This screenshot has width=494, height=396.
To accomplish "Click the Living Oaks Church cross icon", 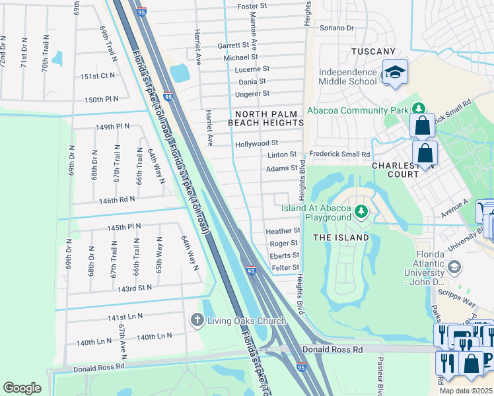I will pos(197,321).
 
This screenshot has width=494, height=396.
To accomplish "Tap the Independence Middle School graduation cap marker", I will pos(395,72).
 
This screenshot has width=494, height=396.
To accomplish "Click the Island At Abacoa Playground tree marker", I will pos(361,211).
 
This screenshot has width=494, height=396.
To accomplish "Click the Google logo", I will pos(22,388).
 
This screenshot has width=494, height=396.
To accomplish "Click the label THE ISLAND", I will pos(341,237).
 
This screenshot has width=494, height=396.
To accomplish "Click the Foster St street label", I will pos(252,7).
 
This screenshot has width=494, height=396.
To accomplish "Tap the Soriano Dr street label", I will pos(337,28).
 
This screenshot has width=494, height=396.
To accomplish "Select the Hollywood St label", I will pos(256,143).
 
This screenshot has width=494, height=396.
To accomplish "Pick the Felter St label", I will pos(285,267).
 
